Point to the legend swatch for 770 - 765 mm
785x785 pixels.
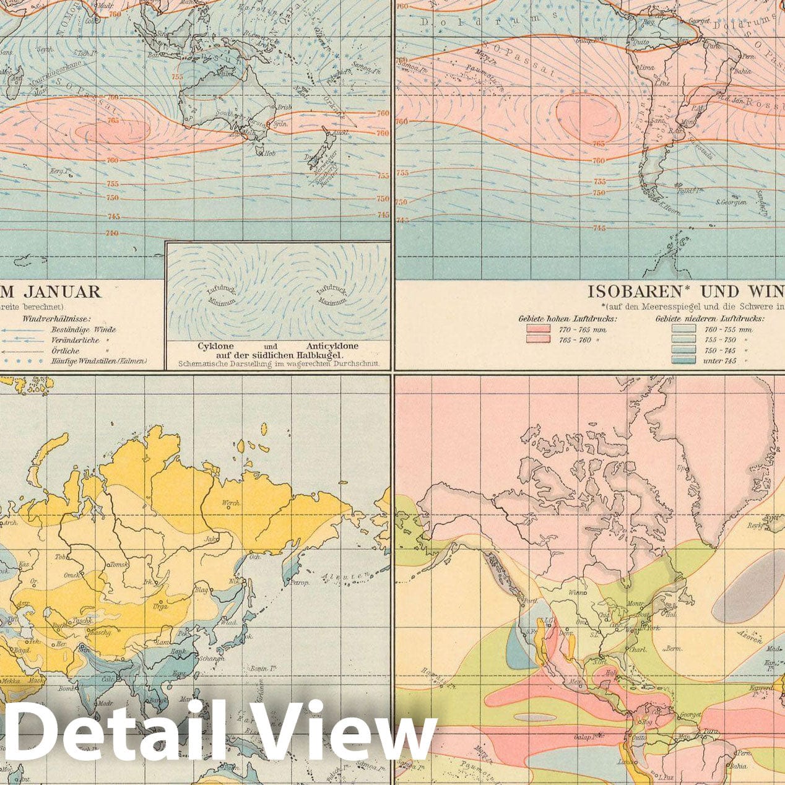538,329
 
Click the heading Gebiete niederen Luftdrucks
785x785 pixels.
709,318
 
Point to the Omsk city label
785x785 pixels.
72,575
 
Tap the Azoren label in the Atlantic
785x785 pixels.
750,637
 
